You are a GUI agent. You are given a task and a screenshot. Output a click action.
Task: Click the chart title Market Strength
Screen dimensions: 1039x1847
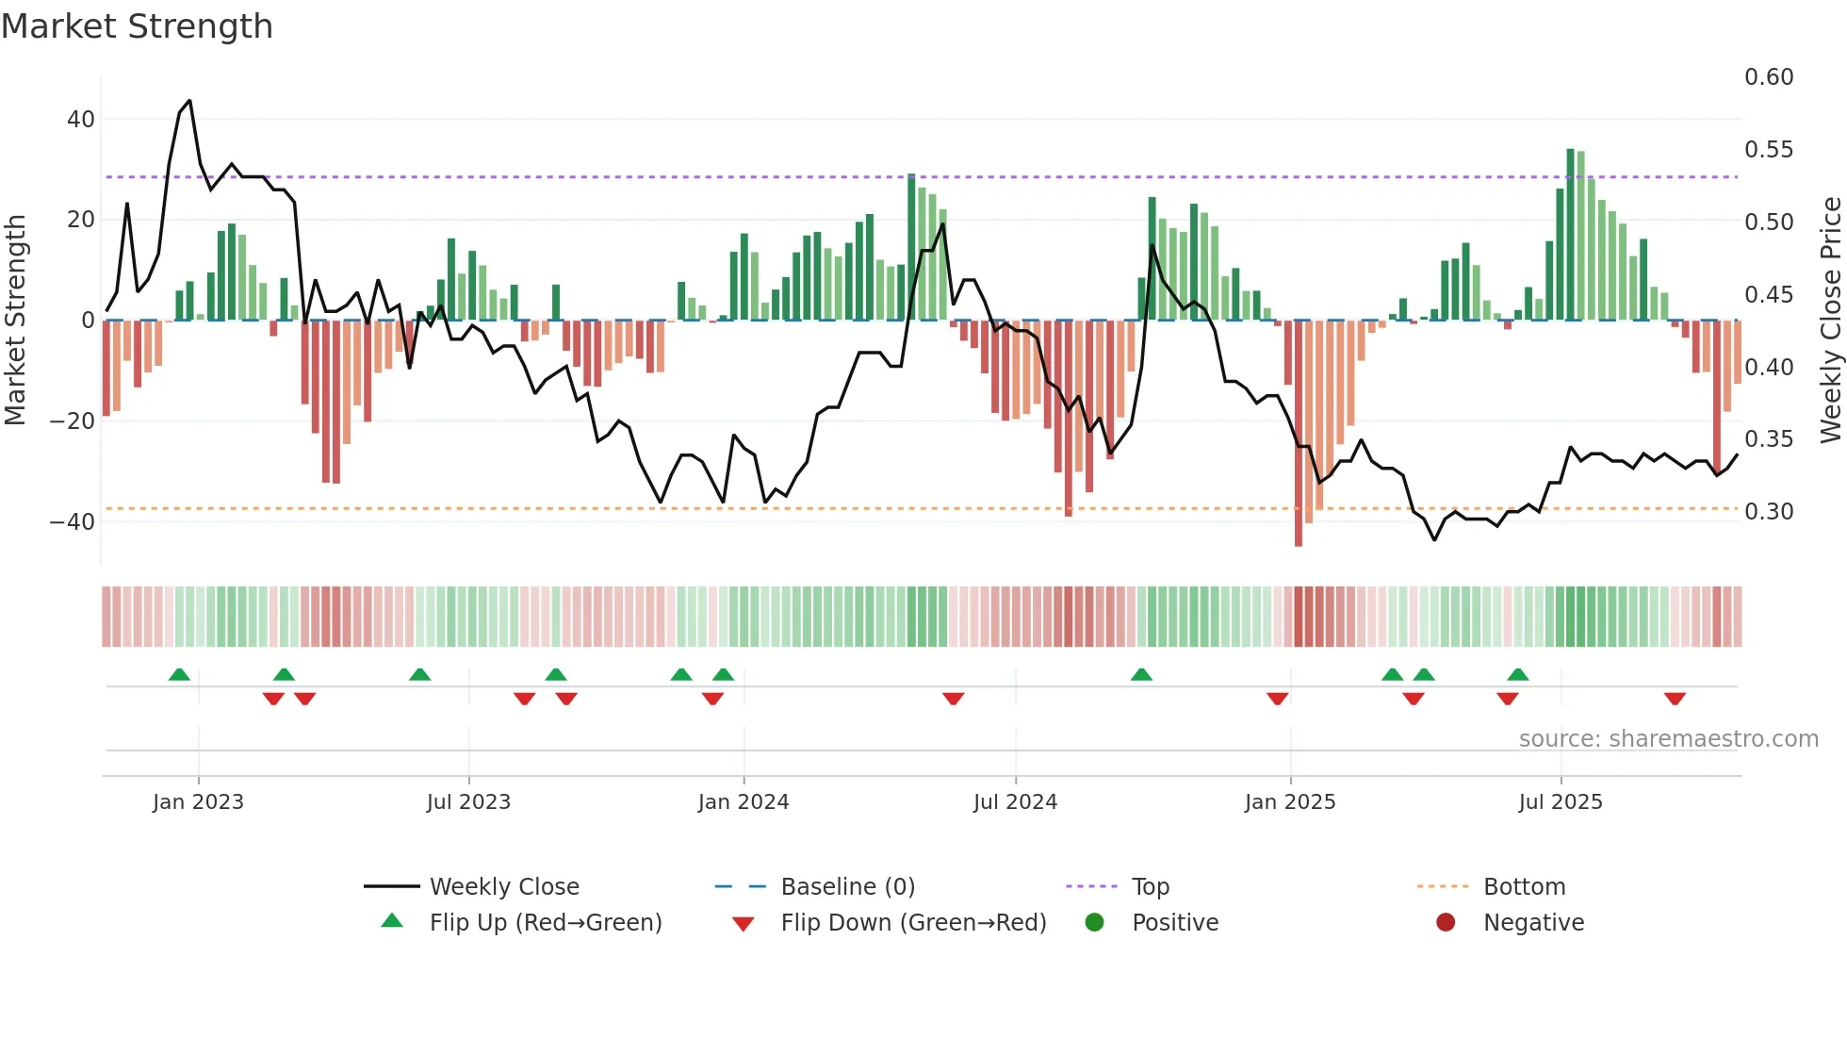137,26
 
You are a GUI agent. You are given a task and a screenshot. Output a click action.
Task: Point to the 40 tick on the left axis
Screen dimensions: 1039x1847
81,120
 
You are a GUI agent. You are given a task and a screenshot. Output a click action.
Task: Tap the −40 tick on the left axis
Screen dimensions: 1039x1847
73,521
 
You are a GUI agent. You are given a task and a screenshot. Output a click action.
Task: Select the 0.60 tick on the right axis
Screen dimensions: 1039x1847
1769,77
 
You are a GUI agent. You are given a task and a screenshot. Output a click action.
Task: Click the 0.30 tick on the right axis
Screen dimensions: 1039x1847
1769,512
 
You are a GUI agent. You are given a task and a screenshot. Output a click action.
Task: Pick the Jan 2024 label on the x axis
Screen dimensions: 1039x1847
744,802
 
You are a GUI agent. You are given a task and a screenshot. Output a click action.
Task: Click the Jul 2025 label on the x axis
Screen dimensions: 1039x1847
1561,802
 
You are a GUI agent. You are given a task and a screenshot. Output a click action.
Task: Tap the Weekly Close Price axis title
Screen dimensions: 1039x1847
1830,321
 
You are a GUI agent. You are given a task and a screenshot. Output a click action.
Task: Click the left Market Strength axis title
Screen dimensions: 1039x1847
15,321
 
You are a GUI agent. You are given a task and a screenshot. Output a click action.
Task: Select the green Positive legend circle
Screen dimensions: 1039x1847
1094,923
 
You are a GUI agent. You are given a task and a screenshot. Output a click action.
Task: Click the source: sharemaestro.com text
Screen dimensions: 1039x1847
1668,739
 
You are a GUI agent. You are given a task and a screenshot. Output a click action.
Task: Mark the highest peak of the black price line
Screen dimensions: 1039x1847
190,101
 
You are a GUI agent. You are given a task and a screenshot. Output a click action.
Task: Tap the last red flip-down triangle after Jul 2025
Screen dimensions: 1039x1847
1675,699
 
